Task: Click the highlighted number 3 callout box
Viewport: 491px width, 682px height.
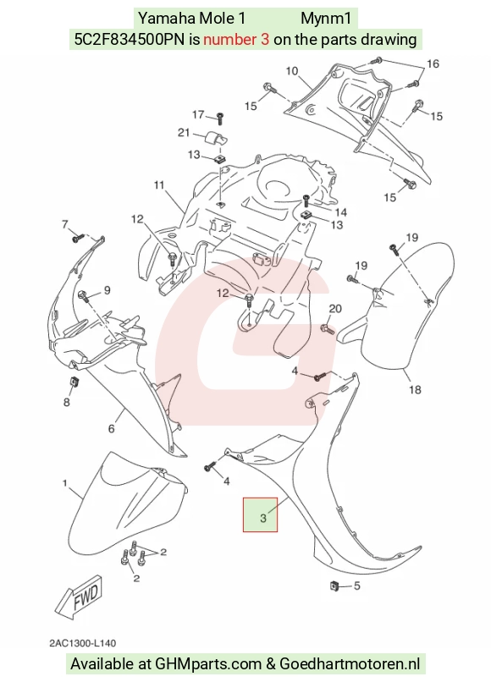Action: [260, 514]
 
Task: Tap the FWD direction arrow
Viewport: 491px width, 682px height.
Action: [80, 597]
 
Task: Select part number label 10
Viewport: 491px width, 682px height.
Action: [292, 71]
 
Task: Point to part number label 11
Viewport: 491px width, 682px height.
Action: [159, 184]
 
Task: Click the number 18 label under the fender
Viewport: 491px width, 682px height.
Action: [415, 389]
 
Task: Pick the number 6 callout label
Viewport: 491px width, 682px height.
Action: [112, 429]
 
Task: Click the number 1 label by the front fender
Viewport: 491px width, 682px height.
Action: [65, 483]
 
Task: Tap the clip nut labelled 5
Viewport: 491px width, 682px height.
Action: [334, 586]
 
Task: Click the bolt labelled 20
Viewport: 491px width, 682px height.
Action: [327, 329]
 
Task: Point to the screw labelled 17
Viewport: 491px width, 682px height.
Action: [220, 118]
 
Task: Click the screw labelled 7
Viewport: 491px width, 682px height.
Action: [78, 238]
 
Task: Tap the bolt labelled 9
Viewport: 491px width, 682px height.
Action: [84, 297]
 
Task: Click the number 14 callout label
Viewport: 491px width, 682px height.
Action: [341, 212]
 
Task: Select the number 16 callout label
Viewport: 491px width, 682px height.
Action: [433, 64]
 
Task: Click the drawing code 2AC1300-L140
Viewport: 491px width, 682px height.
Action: [82, 643]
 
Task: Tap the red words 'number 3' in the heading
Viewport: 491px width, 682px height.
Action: [236, 40]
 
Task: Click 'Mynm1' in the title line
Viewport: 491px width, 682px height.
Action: [326, 19]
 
